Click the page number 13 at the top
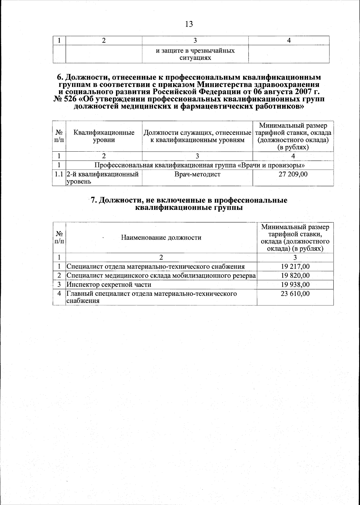tap(189, 24)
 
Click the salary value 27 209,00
tap(293, 174)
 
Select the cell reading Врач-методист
tap(197, 174)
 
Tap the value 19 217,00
tap(295, 267)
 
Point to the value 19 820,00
tap(295, 276)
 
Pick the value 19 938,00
tap(295, 285)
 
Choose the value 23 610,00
tap(295, 294)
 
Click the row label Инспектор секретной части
tap(109, 285)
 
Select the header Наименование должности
tap(161, 238)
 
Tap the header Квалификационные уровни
tap(104, 136)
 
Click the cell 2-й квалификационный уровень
tap(102, 178)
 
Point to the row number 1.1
tap(59, 174)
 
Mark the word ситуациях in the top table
tap(195, 58)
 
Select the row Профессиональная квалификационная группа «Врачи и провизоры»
tap(199, 165)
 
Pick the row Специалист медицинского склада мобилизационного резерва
tap(161, 276)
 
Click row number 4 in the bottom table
tap(59, 293)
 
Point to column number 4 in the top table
tap(289, 40)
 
